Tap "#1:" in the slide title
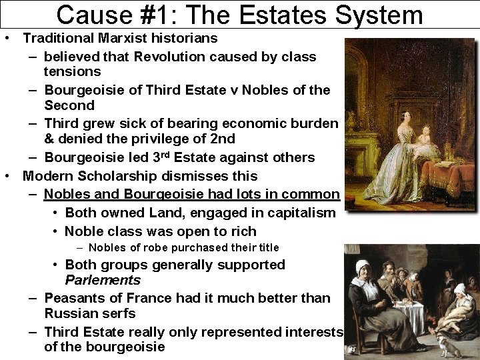pyautogui.click(x=151, y=14)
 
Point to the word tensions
pyautogui.click(x=73, y=71)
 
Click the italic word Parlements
pyautogui.click(x=103, y=280)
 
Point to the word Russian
pyautogui.click(x=67, y=313)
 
